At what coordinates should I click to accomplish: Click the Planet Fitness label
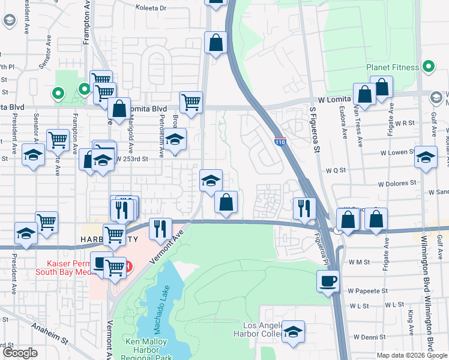click(x=393, y=67)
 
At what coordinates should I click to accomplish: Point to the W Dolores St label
click(x=397, y=182)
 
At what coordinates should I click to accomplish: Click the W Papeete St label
click(x=368, y=290)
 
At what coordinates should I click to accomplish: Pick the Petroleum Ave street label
click(x=161, y=137)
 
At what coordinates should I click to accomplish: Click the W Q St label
click(x=334, y=170)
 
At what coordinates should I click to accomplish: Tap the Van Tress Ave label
click(x=358, y=126)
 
